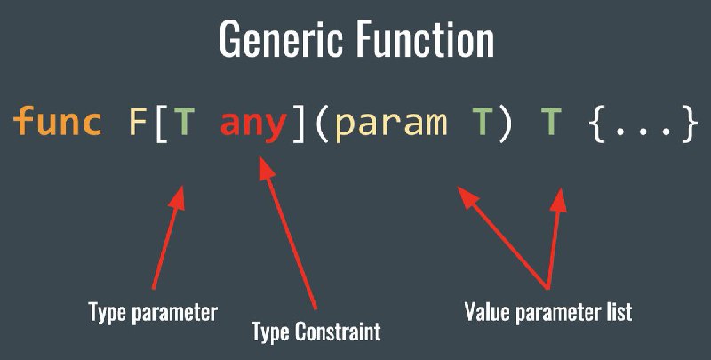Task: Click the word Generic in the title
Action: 280,39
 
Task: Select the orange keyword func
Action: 58,121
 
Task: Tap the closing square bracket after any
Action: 299,124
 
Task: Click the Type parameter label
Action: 153,312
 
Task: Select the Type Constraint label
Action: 316,332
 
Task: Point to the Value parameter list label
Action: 548,312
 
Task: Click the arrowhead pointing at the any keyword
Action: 267,168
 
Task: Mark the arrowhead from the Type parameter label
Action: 177,197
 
